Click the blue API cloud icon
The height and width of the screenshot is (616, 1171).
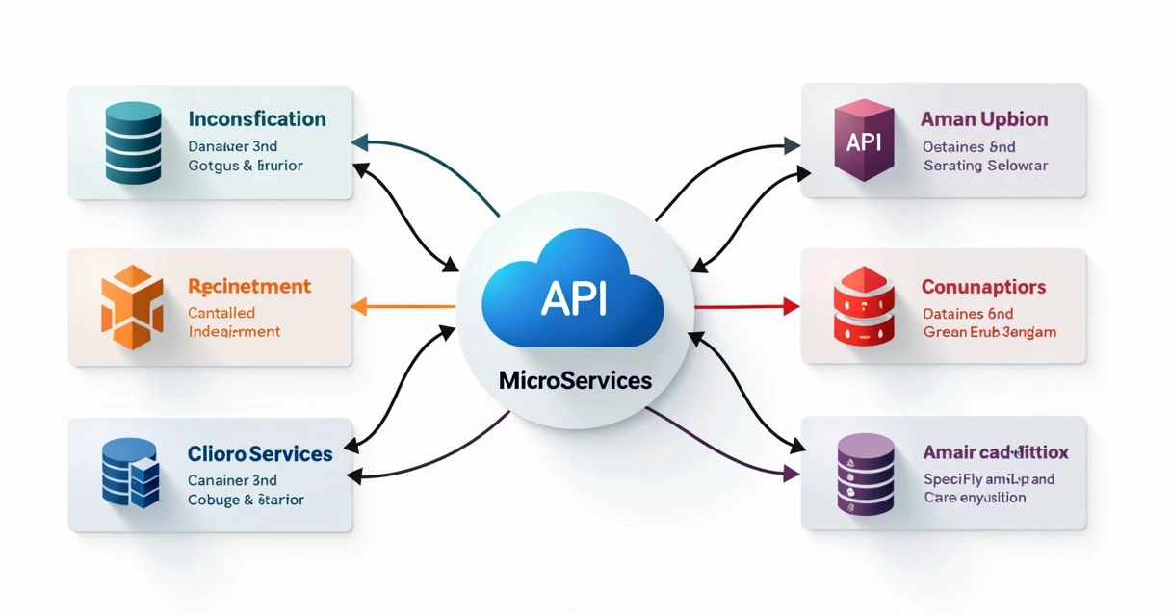pos(573,293)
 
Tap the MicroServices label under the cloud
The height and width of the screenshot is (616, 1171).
pos(575,380)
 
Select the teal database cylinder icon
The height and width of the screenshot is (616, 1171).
pos(133,142)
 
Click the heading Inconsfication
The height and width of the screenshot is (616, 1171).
pos(257,119)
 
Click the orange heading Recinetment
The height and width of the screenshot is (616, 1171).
pos(249,286)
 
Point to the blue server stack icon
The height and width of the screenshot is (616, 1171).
pos(130,473)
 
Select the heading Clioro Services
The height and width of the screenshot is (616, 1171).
pos(260,453)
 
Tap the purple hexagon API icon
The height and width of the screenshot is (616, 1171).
pos(863,142)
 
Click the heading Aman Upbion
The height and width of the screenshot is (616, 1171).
pos(984,119)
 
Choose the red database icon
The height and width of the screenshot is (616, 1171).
pos(864,307)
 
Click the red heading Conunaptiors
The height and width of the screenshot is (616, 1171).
pos(983,287)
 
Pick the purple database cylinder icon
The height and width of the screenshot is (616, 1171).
pos(865,473)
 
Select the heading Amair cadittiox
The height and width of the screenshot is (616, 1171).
pos(996,452)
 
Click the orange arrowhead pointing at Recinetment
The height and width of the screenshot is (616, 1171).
pos(359,307)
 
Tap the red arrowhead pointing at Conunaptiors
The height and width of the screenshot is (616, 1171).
pos(792,307)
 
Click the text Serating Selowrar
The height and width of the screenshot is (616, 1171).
pos(985,166)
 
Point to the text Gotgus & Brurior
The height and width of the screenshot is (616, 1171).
pos(246,166)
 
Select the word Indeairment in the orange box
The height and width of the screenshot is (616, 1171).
pos(234,331)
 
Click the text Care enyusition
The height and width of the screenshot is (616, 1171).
pos(975,498)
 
